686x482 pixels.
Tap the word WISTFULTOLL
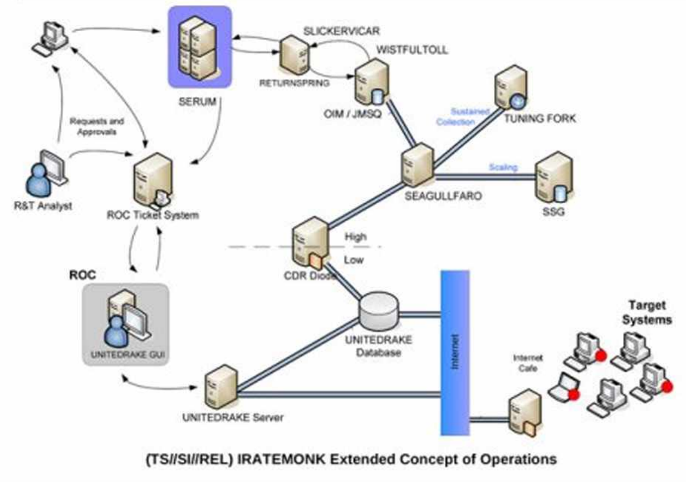412,50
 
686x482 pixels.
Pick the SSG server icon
550,180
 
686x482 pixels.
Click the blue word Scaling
503,167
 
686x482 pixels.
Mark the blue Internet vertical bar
455,352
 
